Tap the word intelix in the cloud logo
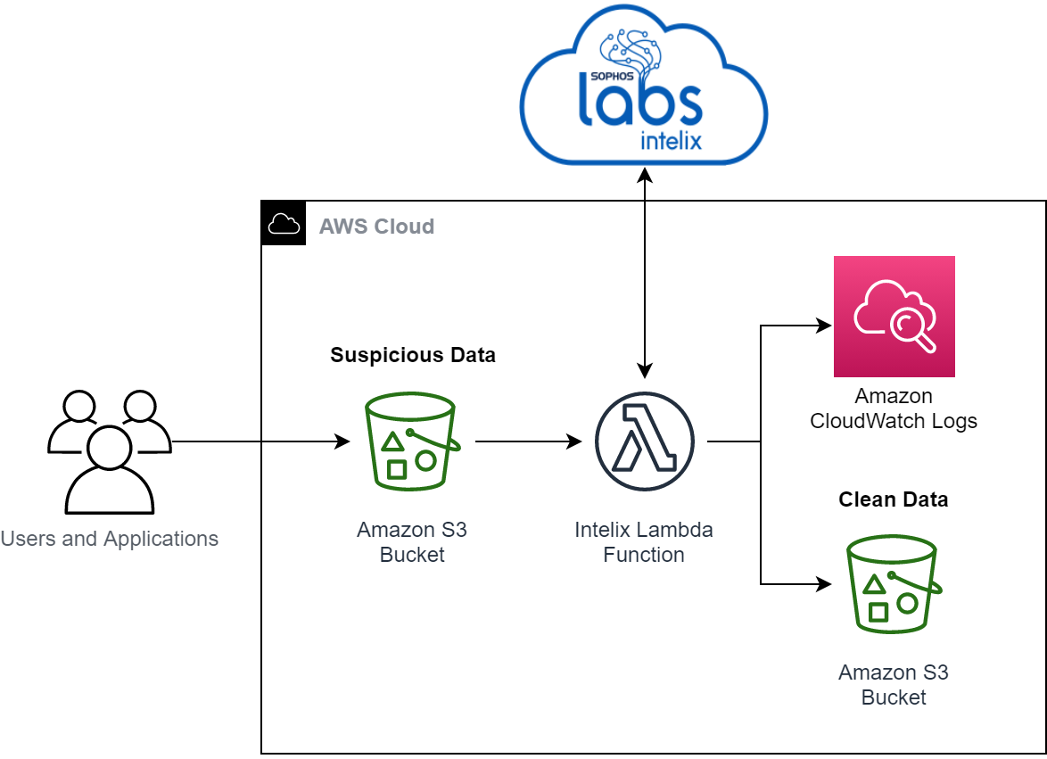point(671,140)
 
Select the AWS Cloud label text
point(376,227)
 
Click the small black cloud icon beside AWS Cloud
point(284,223)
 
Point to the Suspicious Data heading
point(413,355)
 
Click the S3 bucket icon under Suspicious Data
point(412,441)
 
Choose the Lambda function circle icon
point(644,441)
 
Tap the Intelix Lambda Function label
point(644,542)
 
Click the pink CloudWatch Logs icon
point(894,317)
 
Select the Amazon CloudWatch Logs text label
point(894,408)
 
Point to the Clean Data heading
point(893,499)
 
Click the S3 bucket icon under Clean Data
point(894,584)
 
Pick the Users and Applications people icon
point(109,450)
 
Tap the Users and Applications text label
point(109,539)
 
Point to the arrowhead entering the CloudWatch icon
point(825,326)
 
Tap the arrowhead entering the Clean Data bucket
point(825,584)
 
